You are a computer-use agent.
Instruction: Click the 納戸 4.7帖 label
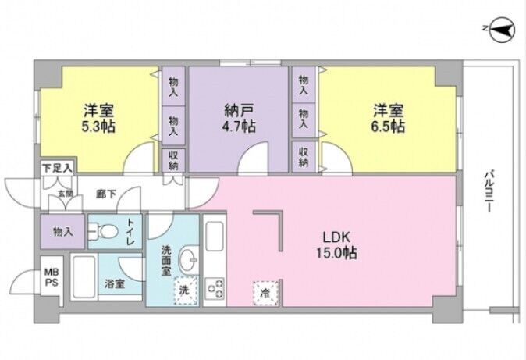[239, 118]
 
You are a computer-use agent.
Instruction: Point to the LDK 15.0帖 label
[336, 245]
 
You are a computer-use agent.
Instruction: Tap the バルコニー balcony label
[488, 191]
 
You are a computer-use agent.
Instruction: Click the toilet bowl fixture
[104, 231]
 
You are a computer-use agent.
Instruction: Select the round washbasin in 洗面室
[189, 259]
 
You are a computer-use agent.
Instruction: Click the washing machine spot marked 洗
[186, 290]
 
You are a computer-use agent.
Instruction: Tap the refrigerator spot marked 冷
[265, 293]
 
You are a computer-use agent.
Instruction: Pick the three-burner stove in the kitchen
[215, 287]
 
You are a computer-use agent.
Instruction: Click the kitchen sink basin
[215, 237]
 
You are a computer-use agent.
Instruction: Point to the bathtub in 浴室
[84, 277]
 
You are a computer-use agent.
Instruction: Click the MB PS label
[52, 277]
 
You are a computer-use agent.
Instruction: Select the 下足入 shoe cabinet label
[57, 168]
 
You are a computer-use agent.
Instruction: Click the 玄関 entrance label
[66, 194]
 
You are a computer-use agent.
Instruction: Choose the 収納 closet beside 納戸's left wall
[173, 160]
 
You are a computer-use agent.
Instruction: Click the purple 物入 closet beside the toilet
[62, 231]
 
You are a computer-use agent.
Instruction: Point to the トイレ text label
[131, 232]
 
